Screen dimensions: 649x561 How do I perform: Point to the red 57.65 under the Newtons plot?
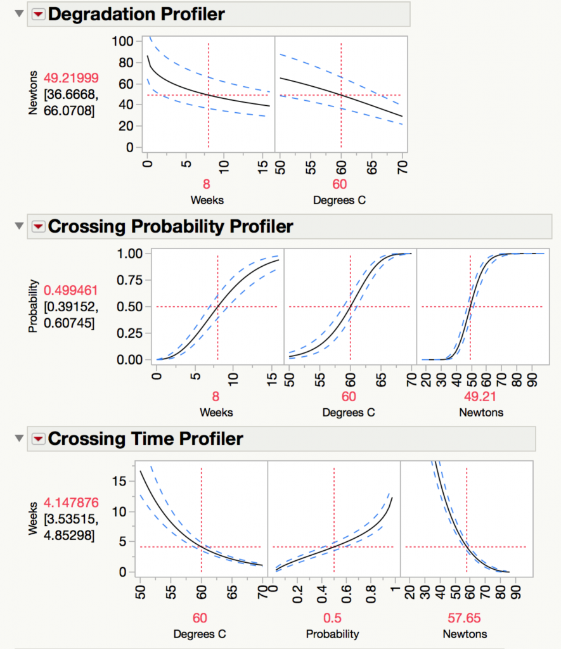[x=467, y=618]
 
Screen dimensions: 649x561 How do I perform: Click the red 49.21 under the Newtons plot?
[x=470, y=397]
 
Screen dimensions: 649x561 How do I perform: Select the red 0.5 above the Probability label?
[x=332, y=618]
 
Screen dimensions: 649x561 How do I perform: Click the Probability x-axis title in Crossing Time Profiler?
[x=332, y=634]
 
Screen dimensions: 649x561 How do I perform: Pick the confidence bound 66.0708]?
[x=71, y=112]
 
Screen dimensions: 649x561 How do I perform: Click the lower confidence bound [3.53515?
[x=71, y=520]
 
